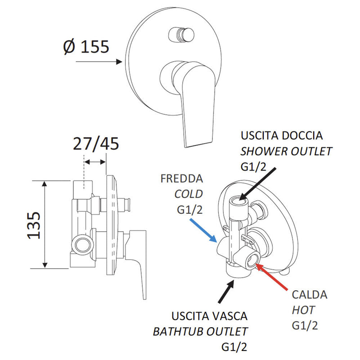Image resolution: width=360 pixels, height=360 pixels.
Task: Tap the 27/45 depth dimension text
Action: [95, 144]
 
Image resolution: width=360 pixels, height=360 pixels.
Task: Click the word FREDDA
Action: [181, 179]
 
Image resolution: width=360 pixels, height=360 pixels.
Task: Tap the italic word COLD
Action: [189, 193]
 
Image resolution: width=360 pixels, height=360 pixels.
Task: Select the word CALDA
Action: [310, 295]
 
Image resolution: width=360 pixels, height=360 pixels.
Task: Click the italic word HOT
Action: [303, 310]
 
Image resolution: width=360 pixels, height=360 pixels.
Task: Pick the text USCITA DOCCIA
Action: [282, 135]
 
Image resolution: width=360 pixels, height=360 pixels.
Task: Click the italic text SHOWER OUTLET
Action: [287, 151]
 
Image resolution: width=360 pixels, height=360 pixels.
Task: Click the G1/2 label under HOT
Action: [305, 325]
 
